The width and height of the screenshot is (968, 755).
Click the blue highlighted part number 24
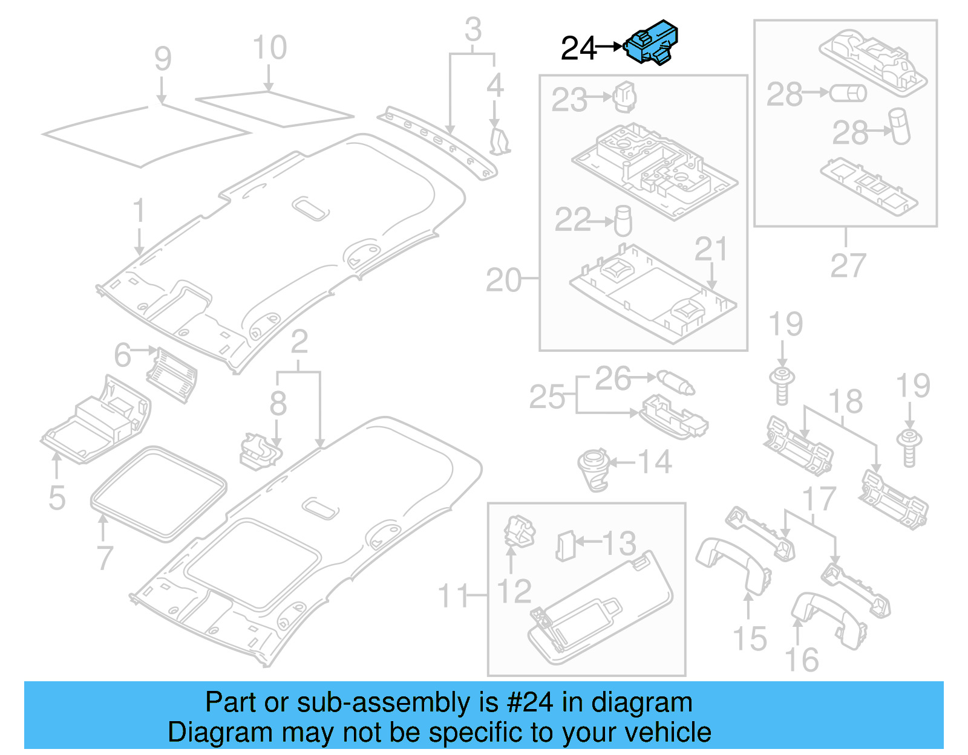(652, 42)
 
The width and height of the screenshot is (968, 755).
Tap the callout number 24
(578, 48)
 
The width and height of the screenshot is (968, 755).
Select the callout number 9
(163, 59)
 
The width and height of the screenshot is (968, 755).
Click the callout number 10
(269, 48)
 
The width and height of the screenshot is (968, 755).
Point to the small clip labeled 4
(499, 141)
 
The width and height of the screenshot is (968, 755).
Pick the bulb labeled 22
(623, 221)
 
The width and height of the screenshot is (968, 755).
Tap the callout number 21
(710, 249)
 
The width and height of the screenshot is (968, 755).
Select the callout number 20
(503, 280)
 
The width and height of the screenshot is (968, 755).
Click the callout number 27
(848, 265)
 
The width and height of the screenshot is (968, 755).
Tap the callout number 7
(105, 557)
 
